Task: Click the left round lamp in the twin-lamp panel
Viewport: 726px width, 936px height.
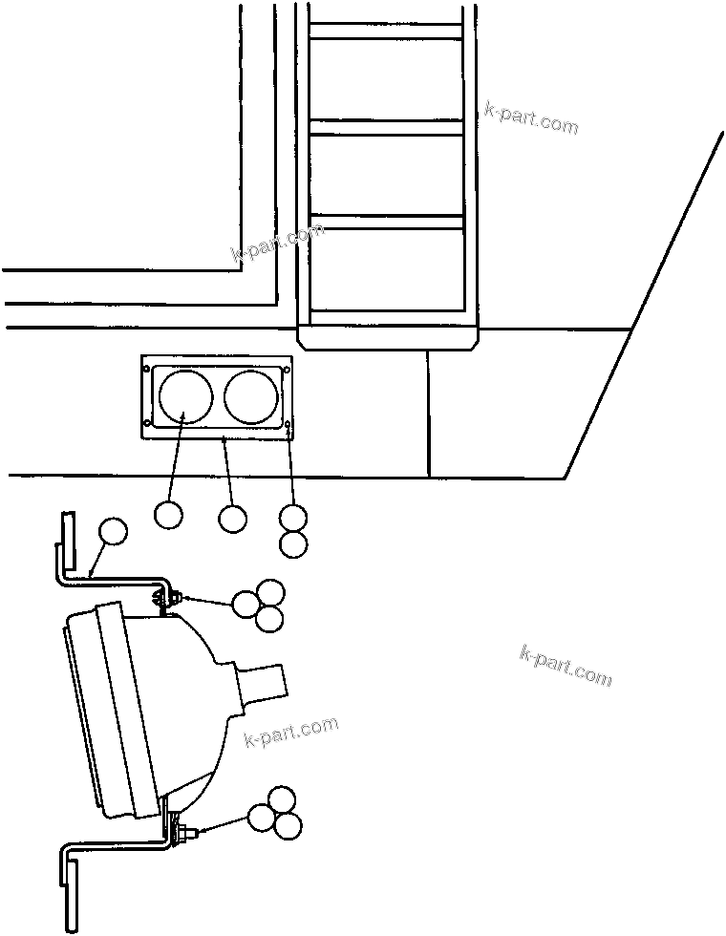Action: (x=184, y=396)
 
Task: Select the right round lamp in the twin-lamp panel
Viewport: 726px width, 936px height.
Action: (x=251, y=396)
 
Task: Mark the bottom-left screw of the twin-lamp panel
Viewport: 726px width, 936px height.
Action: (x=147, y=424)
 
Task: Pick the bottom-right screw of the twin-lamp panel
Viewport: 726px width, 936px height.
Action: (x=288, y=423)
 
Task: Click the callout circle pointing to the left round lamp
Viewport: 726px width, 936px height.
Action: (x=168, y=515)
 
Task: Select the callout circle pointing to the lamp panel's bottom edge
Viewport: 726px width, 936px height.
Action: (x=232, y=519)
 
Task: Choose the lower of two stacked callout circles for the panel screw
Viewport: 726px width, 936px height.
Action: (x=294, y=544)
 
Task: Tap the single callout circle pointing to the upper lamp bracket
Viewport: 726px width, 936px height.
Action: (x=113, y=532)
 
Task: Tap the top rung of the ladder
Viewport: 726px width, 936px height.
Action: (x=386, y=31)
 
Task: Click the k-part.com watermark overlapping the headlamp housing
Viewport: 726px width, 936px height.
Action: (x=291, y=733)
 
